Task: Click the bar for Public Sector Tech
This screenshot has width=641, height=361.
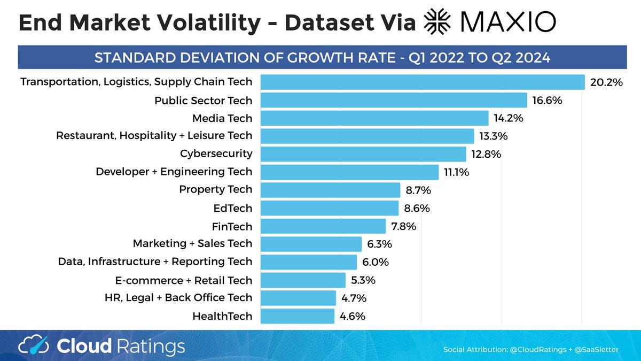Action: pos(394,101)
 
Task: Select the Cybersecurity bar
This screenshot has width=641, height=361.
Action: pos(363,154)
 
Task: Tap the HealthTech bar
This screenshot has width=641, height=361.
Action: pos(298,316)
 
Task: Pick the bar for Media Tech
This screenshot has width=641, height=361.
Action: pos(374,118)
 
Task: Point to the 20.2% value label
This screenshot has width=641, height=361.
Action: pos(607,82)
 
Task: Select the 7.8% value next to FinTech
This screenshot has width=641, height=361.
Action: pos(404,226)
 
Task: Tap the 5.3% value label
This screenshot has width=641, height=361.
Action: pos(364,280)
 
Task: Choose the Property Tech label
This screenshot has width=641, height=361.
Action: pos(216,190)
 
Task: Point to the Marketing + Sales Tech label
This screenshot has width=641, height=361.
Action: pos(192,244)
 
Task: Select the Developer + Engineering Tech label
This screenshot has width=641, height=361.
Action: pos(174,172)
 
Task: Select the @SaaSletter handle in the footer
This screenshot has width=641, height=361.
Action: pos(593,350)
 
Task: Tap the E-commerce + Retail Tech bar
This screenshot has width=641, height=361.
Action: pos(303,280)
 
